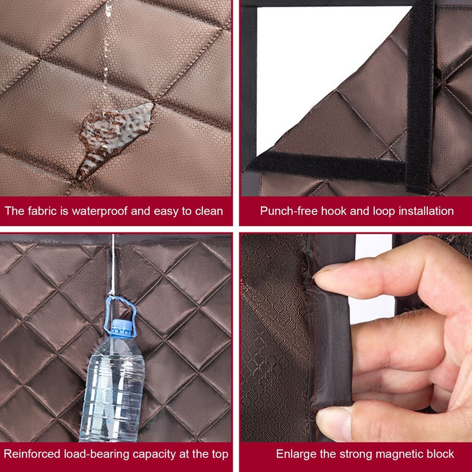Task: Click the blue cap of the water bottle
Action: click(x=122, y=327)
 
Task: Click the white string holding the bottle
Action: click(x=112, y=265)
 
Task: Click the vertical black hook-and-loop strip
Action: click(x=420, y=96)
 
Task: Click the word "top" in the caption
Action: click(x=220, y=454)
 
